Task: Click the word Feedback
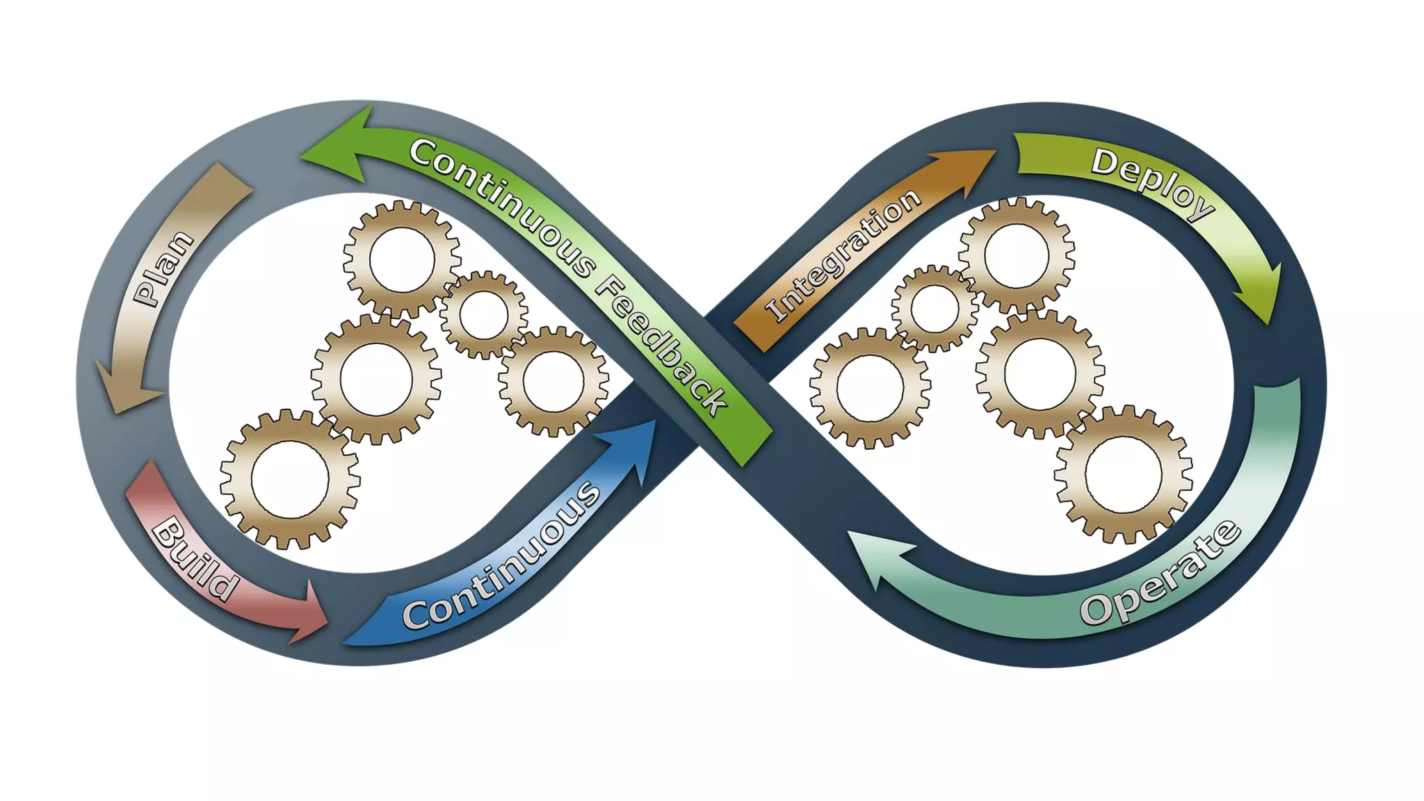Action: tap(661, 344)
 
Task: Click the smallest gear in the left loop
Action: tap(483, 315)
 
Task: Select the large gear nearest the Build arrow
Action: tap(289, 480)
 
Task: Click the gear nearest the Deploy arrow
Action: tap(1016, 255)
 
